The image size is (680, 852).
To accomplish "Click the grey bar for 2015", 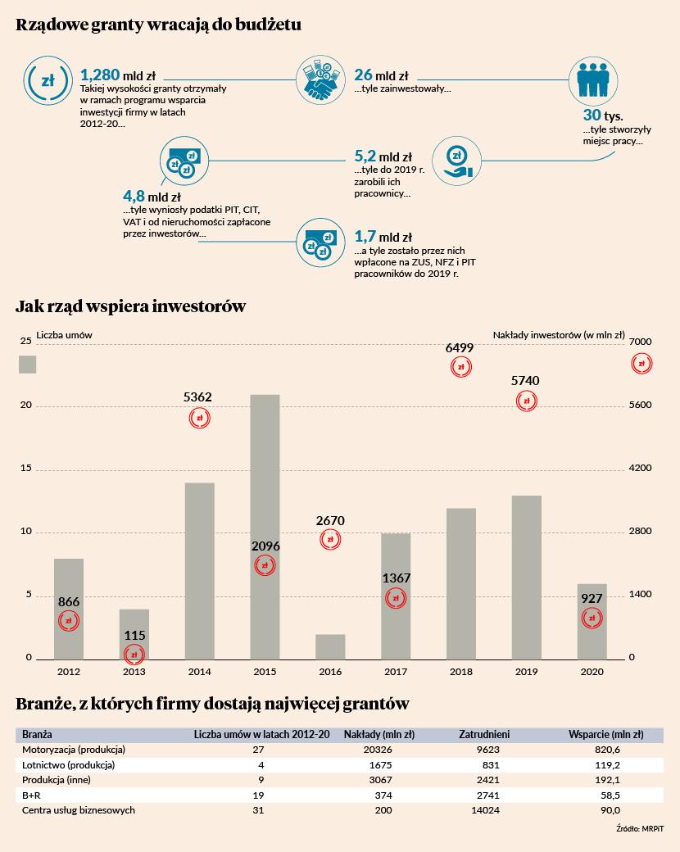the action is coord(265,527).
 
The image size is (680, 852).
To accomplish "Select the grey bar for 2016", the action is coord(330,646).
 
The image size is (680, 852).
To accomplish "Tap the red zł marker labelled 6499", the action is coord(461,367).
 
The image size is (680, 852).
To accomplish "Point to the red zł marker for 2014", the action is coord(199,419).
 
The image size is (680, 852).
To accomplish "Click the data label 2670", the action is coord(330,520).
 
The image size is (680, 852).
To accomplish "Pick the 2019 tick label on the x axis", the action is coord(526,672).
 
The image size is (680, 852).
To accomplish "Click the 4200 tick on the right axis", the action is coord(641,468).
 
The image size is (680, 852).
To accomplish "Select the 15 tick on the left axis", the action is coord(26,468).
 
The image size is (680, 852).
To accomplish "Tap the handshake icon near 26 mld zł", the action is coord(320,80).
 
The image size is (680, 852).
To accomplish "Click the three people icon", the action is coord(593,80).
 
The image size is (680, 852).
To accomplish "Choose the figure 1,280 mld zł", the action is coord(118,75).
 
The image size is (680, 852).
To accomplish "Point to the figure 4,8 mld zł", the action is coord(152,196).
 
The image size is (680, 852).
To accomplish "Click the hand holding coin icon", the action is coord(456,161).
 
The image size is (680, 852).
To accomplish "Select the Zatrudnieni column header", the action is coord(484,735).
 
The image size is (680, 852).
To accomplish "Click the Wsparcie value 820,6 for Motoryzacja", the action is coord(608,750).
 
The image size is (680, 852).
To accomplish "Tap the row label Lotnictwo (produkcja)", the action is coord(69,765).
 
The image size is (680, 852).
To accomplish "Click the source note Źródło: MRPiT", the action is coord(640,828).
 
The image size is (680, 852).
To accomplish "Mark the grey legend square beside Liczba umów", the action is coord(27,365).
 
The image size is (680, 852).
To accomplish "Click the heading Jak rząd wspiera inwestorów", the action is coord(130,306).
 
